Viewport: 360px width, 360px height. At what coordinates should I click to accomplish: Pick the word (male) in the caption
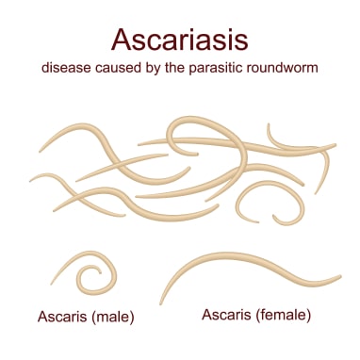[x=115, y=317]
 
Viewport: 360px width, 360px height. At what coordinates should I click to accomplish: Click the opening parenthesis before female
[x=257, y=313]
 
